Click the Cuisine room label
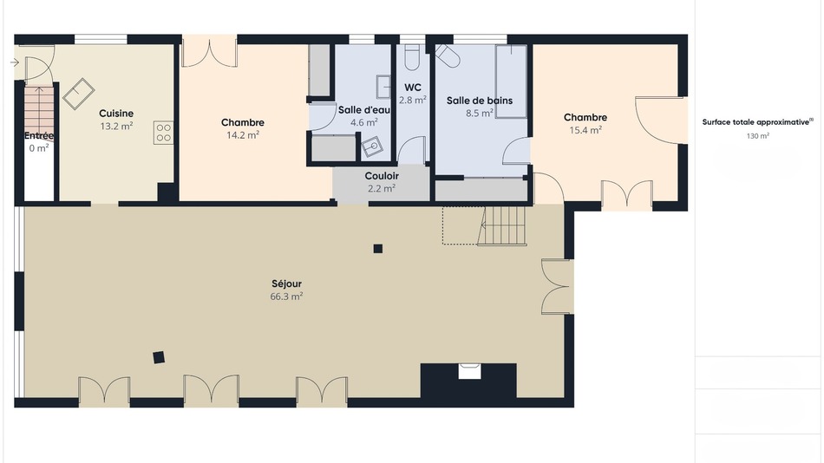click(116, 113)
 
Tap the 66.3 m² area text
click(286, 297)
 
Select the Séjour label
click(287, 284)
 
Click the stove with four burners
click(163, 133)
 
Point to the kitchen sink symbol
click(79, 94)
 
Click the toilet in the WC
click(412, 57)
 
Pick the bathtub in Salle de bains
click(512, 82)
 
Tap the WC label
click(413, 88)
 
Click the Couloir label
click(382, 176)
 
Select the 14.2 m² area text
click(243, 135)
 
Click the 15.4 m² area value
click(585, 130)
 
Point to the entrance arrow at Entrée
click(14, 62)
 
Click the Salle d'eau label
click(364, 110)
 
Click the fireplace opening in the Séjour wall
click(469, 371)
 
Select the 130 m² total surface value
click(758, 136)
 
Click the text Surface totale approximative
click(755, 122)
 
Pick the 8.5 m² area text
click(480, 113)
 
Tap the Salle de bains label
click(480, 101)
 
